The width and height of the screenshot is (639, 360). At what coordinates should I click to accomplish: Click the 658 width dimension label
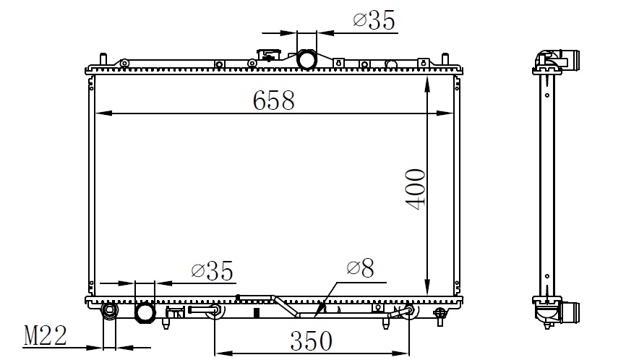[x=273, y=100]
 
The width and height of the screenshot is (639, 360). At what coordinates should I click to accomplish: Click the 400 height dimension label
[x=416, y=189]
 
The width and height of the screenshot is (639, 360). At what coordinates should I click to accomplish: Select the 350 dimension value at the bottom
[x=311, y=340]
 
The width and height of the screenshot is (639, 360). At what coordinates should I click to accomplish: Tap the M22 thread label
[x=46, y=335]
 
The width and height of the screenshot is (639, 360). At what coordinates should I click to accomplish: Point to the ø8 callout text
[x=360, y=268]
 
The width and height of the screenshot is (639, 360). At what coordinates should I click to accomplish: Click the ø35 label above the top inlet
[x=374, y=20]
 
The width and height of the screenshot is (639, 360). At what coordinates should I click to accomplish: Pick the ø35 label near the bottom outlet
[x=212, y=270]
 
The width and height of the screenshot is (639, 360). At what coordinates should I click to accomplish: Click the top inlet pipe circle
[x=306, y=59]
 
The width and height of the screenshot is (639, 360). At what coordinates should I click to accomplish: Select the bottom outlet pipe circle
[x=145, y=313]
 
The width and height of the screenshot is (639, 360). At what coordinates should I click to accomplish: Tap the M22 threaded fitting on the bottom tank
[x=109, y=312]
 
